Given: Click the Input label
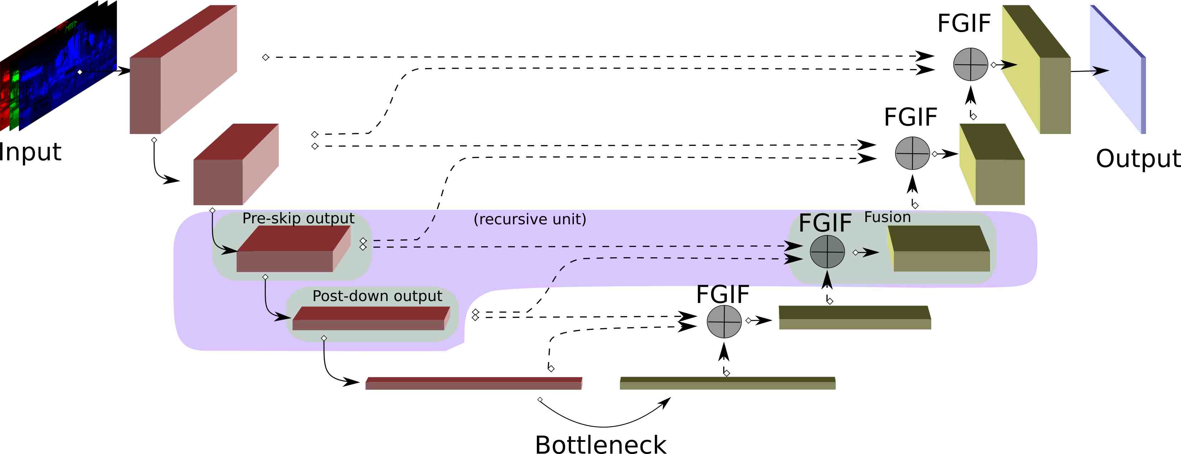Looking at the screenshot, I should (x=30, y=152).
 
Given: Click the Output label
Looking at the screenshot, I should (x=1137, y=159).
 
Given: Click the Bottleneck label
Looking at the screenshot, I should (x=601, y=444).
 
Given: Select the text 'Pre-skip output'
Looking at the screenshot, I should (x=298, y=218).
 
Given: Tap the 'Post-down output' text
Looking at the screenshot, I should (x=377, y=296).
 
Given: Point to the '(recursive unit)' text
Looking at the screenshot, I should (x=529, y=219).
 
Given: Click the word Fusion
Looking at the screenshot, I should (x=887, y=217).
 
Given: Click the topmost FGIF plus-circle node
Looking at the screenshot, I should (x=970, y=64).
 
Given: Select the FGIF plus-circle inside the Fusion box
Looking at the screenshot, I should (x=827, y=252).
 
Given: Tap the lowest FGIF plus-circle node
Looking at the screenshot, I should (x=724, y=321).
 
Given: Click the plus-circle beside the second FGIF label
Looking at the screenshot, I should (x=912, y=153).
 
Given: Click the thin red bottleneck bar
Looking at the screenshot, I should (x=473, y=383).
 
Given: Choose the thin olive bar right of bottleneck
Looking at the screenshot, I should (x=727, y=383).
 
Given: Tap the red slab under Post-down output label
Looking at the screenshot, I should (x=371, y=318).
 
